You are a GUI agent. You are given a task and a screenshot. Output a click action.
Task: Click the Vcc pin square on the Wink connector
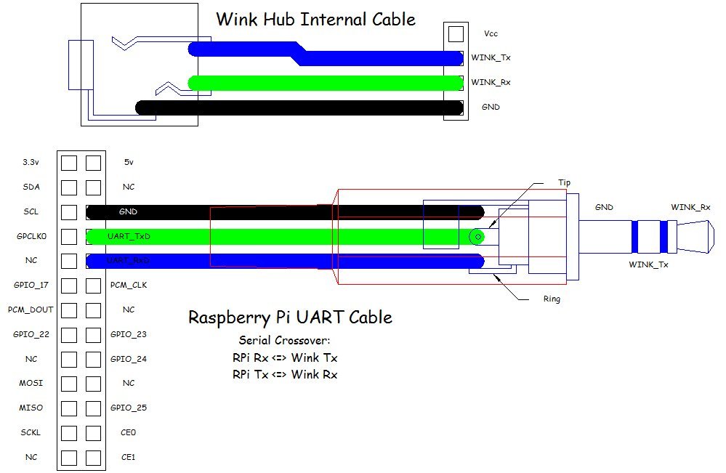pos(456,33)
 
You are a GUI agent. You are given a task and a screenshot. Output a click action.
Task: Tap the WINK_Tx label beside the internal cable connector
pos(491,57)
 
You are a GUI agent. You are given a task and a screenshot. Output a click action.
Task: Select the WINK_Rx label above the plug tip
pos(690,207)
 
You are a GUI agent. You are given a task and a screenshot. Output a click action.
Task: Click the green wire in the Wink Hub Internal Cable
pos(320,82)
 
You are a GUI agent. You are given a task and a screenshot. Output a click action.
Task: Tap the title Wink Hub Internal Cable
pos(315,19)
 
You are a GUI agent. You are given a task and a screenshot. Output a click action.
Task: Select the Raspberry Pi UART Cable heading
pos(290,317)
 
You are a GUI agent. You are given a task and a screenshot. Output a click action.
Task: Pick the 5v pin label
pos(128,163)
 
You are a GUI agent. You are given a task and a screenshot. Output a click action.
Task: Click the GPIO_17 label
pos(31,285)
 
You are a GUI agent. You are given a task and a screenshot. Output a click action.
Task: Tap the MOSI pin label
pos(31,383)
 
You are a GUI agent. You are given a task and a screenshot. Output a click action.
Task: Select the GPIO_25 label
pos(128,408)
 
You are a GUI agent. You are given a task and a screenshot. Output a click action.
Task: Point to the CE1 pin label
pos(128,457)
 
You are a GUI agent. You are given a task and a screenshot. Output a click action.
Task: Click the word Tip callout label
pos(565,182)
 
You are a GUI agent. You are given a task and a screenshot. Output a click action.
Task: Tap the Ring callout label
pos(551,299)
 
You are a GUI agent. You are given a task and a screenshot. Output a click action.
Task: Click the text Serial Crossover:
pos(283,340)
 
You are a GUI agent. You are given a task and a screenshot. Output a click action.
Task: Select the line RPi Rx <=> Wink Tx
pos(285,357)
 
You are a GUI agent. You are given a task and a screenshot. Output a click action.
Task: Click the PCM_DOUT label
pos(31,310)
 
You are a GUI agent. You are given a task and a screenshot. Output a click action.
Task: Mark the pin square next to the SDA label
pos(68,187)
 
